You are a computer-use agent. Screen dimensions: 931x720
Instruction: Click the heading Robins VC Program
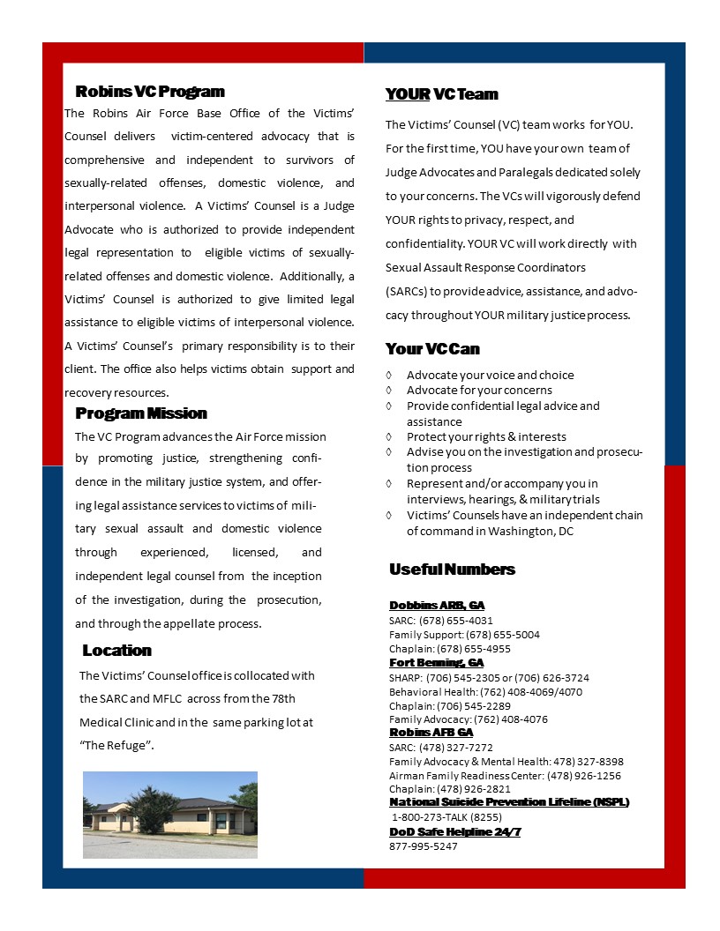150,92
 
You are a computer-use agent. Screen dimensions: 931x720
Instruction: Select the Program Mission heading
141,413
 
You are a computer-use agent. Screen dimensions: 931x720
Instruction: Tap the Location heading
116,651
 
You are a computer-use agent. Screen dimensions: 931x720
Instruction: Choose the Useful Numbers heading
452,570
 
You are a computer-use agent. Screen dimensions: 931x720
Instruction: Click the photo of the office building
169,815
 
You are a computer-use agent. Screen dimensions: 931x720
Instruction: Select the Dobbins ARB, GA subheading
437,606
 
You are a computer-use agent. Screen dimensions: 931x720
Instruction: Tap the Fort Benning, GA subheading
436,663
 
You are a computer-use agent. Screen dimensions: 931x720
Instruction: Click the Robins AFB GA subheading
431,733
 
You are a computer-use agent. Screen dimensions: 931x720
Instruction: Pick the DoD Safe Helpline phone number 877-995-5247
424,846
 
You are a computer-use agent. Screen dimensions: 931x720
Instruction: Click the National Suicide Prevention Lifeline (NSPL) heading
509,802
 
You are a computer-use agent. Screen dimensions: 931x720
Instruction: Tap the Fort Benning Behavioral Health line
485,692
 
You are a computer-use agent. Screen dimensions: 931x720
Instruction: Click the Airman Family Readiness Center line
505,776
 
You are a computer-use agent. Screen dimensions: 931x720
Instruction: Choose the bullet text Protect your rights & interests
486,437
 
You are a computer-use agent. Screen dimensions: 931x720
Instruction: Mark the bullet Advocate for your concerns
479,391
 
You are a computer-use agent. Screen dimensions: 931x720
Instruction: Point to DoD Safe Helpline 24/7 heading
454,832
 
